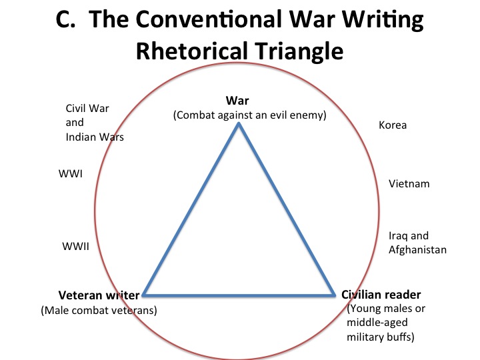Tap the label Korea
pyautogui.click(x=392, y=125)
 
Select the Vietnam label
pyautogui.click(x=409, y=183)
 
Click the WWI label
pyautogui.click(x=71, y=173)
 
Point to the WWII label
pyautogui.click(x=75, y=245)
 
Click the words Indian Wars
pyautogui.click(x=95, y=137)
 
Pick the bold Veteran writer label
pyautogui.click(x=99, y=295)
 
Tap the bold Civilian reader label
pyautogui.click(x=381, y=294)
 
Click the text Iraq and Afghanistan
pyautogui.click(x=417, y=243)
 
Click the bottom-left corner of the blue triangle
pyautogui.click(x=144, y=295)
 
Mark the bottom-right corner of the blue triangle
pyautogui.click(x=333, y=295)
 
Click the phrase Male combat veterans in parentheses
pyautogui.click(x=99, y=310)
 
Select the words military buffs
pyautogui.click(x=380, y=337)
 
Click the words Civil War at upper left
pyautogui.click(x=87, y=109)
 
